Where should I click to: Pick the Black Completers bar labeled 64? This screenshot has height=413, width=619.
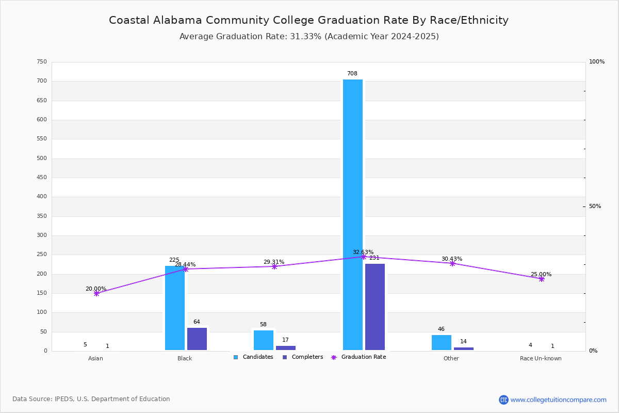[197, 339]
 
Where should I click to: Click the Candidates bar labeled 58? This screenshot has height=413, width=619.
[264, 340]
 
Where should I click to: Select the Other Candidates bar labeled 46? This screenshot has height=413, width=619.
[442, 342]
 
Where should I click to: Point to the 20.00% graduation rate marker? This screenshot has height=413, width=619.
[96, 293]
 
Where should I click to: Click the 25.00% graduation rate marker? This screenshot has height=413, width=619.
[542, 279]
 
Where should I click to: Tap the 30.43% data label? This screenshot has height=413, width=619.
[451, 259]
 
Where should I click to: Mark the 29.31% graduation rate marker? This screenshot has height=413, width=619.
[274, 266]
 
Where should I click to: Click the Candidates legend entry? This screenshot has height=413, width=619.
[253, 357]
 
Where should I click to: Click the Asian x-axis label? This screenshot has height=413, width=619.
[95, 358]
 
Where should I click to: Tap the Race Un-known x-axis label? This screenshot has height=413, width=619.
[541, 358]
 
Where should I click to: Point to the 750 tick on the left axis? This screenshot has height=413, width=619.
[42, 62]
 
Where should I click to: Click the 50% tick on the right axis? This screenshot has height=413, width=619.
[595, 206]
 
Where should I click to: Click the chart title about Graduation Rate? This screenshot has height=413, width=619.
[308, 20]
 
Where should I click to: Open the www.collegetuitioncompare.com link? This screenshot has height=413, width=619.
[558, 400]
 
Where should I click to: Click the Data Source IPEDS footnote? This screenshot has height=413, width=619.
[91, 399]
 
